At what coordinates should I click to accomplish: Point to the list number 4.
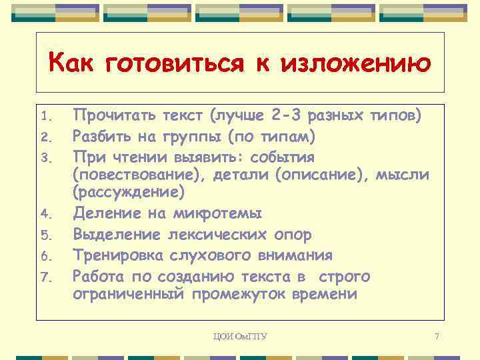pos(45,215)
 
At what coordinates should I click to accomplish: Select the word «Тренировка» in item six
pos(115,255)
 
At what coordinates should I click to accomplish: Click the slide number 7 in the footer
pos(436,336)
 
